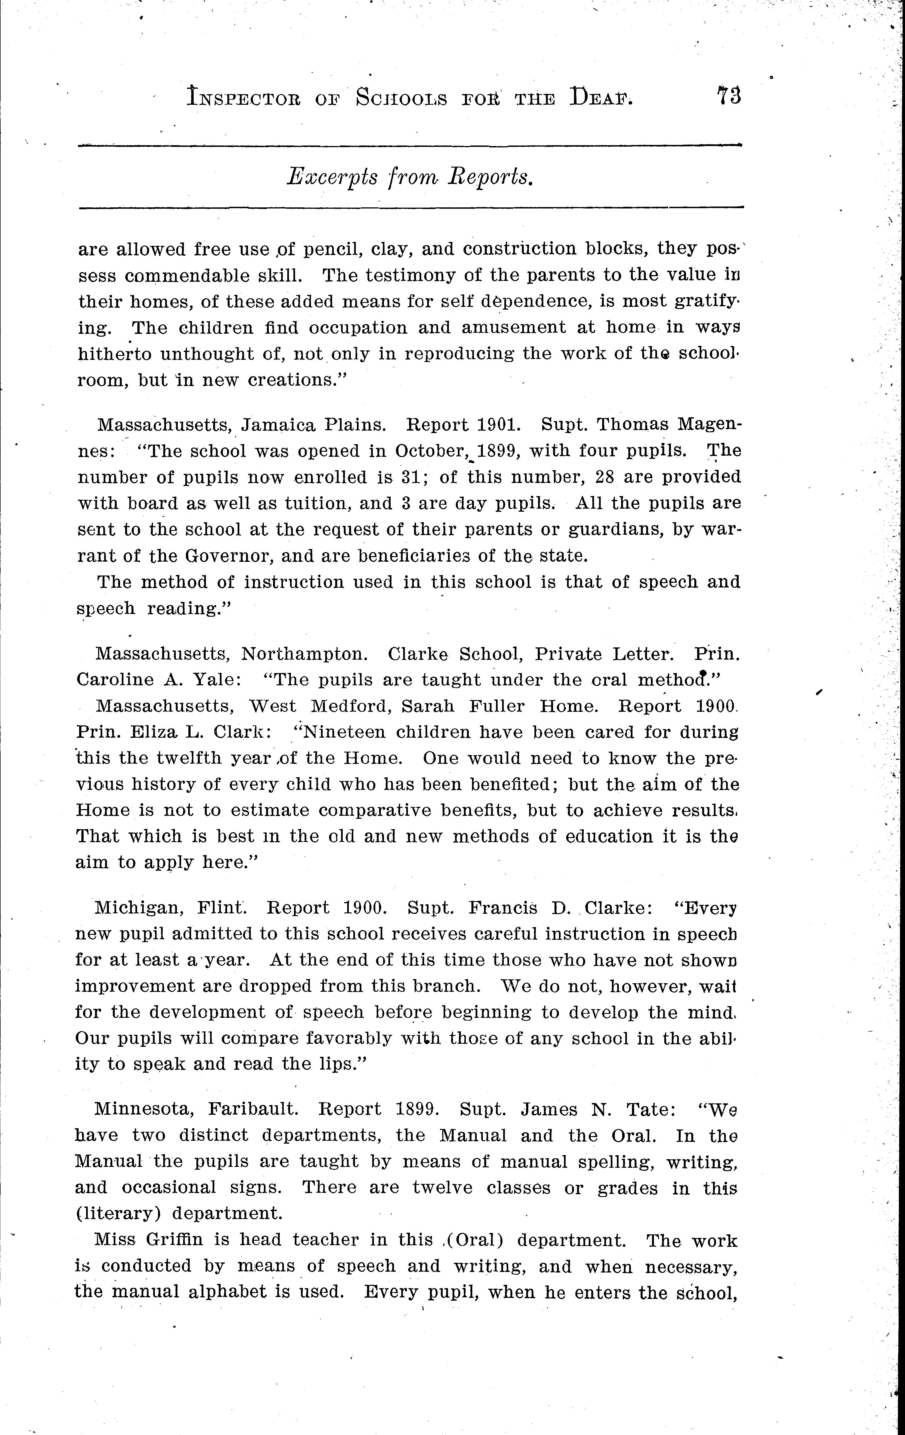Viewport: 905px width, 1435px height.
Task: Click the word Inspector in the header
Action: (243, 97)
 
